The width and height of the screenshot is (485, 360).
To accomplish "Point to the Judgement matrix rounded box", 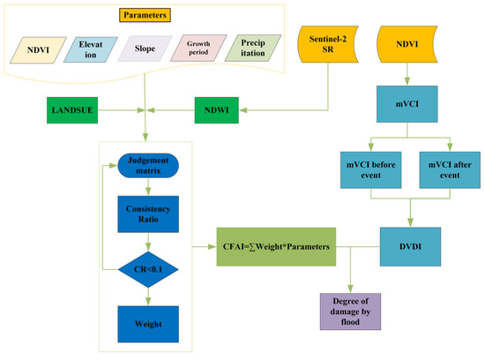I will pos(144,167).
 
